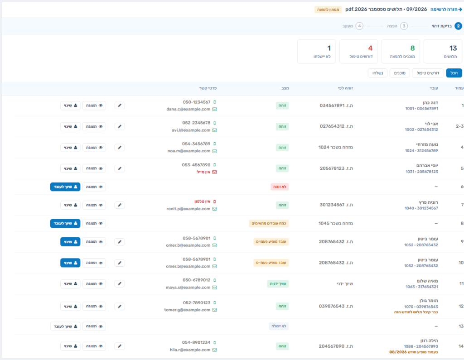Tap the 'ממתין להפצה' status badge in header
coord(328,10)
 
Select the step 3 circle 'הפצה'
coord(404,26)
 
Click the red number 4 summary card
coord(358,52)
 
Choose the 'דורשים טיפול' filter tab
coord(428,73)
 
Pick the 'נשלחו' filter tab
coord(377,73)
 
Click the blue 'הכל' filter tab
coord(454,73)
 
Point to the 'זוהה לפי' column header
coord(345,88)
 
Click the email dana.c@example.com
coord(188,109)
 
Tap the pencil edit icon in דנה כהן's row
coord(120,106)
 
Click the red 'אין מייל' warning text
coord(203,172)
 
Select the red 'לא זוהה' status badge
coord(280,187)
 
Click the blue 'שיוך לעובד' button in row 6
coord(65,187)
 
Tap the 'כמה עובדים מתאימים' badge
coord(269,223)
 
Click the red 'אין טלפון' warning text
coord(203,202)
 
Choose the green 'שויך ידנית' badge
coord(278,283)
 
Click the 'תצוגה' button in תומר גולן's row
coord(94,307)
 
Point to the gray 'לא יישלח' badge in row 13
coord(279,326)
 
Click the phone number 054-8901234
coord(196,342)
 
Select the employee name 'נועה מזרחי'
coord(427,144)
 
